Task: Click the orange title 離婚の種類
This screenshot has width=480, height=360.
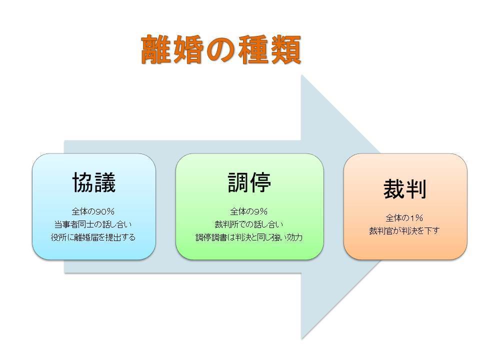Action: [x=221, y=49]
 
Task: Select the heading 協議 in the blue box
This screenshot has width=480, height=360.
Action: [x=94, y=182]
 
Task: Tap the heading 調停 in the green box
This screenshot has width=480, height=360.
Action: [x=249, y=182]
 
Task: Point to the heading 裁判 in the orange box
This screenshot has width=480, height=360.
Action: [x=405, y=189]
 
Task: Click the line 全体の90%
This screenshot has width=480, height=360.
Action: [x=93, y=211]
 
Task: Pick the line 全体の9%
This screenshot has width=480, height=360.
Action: [x=249, y=211]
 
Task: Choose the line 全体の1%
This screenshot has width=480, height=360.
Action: [x=404, y=218]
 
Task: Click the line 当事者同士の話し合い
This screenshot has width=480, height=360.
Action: [x=93, y=224]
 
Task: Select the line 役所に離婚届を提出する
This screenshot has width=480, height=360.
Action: [x=93, y=237]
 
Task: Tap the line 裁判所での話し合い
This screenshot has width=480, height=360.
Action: [x=249, y=224]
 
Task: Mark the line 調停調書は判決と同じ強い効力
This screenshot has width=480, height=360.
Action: [x=249, y=237]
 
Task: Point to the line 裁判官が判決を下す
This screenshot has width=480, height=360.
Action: [x=404, y=231]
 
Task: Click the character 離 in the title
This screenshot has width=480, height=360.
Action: [x=156, y=49]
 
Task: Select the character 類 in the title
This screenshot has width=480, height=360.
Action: [x=286, y=49]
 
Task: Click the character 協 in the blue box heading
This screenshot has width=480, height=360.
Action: [x=83, y=182]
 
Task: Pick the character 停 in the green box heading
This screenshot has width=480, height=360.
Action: [x=260, y=182]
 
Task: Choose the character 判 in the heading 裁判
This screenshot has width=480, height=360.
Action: [x=416, y=189]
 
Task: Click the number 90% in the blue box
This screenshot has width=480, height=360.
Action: [x=105, y=211]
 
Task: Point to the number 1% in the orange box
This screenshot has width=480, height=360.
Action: [x=417, y=218]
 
